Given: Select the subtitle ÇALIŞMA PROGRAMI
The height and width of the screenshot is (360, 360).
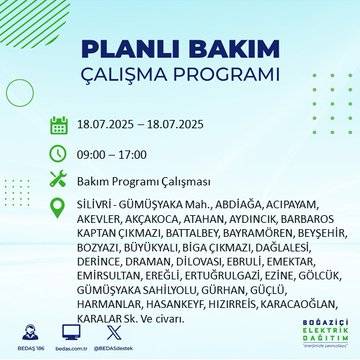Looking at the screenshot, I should [x=180, y=76].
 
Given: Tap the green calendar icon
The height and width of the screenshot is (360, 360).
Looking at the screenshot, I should [x=59, y=126].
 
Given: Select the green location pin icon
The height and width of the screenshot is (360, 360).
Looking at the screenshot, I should [x=59, y=206].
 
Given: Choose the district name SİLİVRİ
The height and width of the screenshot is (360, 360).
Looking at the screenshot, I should [x=97, y=203].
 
